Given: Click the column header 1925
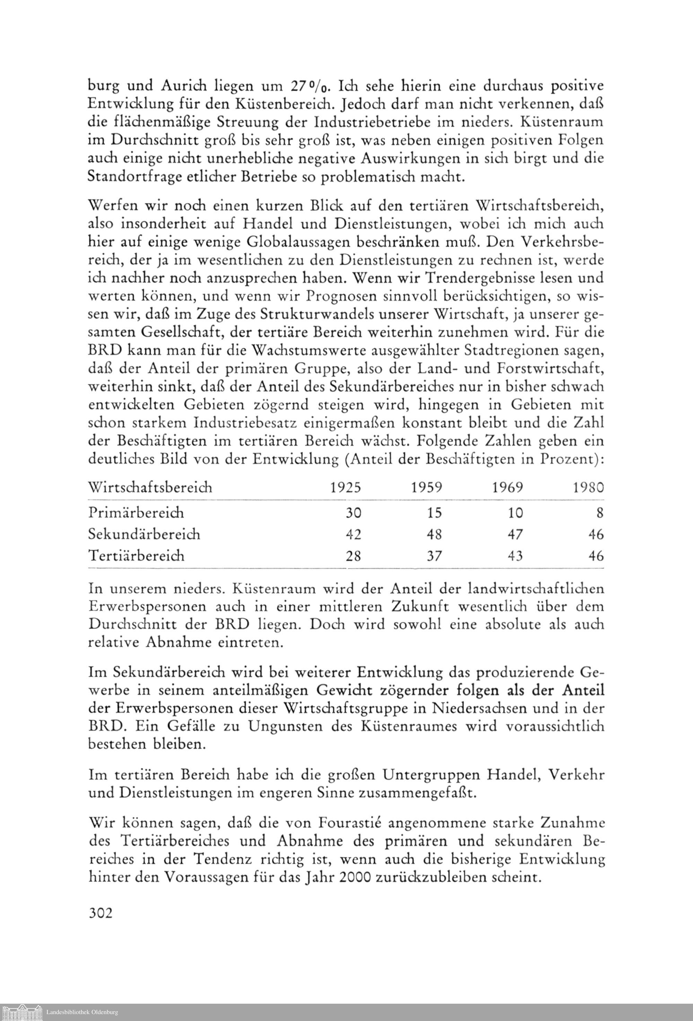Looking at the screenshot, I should [x=345, y=488].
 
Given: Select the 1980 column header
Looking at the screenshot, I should [x=588, y=488].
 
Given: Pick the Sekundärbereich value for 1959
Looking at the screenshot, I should [x=434, y=534].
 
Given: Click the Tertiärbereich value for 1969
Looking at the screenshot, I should [x=515, y=556].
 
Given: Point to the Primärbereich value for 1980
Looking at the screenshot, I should [x=600, y=513].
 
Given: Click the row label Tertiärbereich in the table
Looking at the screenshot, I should [x=136, y=556].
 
